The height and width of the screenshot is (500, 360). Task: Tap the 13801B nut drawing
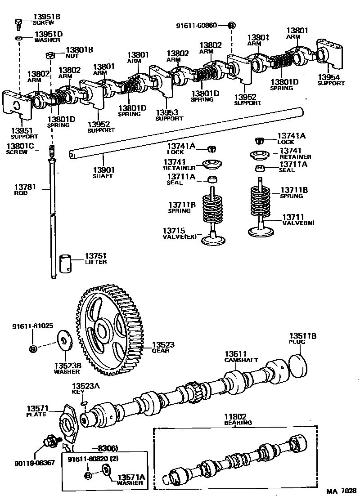click(x=50, y=55)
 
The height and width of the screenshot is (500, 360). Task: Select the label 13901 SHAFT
click(x=103, y=173)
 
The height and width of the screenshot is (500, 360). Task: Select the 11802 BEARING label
click(x=238, y=420)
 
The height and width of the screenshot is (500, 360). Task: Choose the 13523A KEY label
click(x=81, y=388)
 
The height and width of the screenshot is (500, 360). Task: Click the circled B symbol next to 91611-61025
click(x=33, y=349)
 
